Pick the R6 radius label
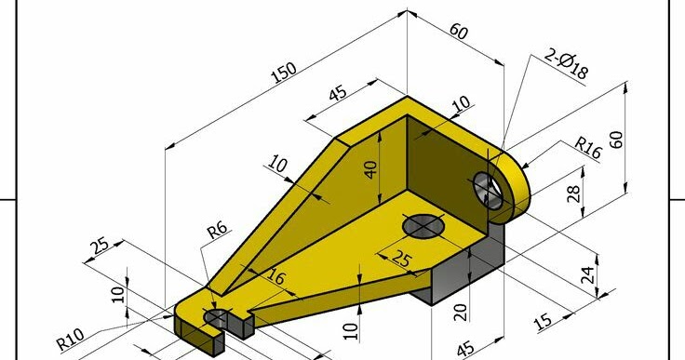[x=216, y=232]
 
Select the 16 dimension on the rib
[x=276, y=276]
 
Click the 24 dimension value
[x=587, y=274]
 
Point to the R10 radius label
[x=71, y=338]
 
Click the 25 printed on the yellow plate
[x=400, y=260]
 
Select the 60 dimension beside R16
[x=616, y=139]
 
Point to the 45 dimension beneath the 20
[x=466, y=348]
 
